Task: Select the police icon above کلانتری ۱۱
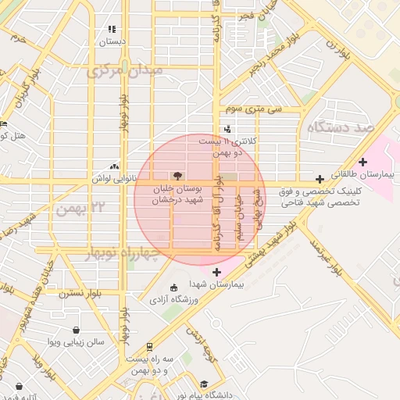click(x=227, y=129)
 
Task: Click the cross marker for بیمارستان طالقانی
click(x=363, y=161)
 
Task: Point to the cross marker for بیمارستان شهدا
click(x=216, y=272)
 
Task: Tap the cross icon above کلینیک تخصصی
click(x=319, y=179)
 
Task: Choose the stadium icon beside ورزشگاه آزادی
click(x=173, y=287)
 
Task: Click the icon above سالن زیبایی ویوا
click(x=75, y=330)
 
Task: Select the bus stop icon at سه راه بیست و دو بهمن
click(x=148, y=345)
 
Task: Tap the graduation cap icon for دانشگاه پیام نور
click(x=203, y=384)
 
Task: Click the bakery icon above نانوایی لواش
click(x=115, y=166)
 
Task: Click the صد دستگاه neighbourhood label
click(x=341, y=127)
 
